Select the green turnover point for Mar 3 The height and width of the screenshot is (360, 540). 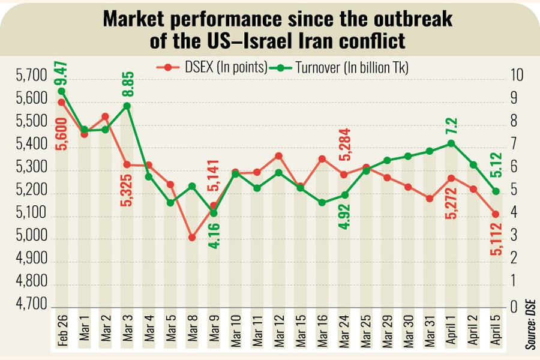tap(127, 106)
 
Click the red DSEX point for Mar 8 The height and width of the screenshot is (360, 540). tap(192, 238)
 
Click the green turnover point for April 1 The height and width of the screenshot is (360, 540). tap(451, 143)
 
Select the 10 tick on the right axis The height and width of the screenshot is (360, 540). tap(518, 76)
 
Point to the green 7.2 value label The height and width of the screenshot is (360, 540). tap(452, 127)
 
